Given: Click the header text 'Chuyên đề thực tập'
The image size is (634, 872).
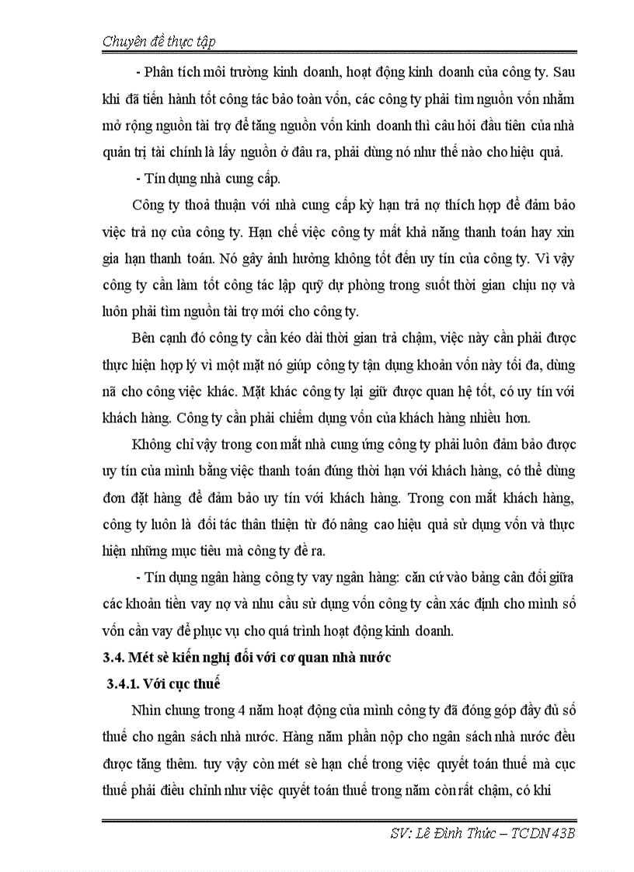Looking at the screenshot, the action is pos(158,42).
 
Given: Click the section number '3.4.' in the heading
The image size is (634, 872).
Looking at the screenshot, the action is pos(117,657).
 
